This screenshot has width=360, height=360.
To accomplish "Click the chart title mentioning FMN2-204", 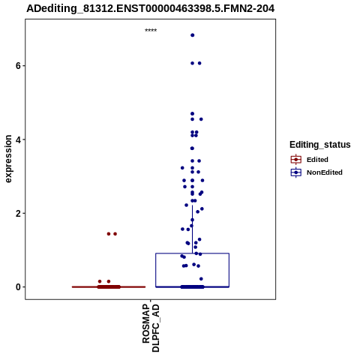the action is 151,8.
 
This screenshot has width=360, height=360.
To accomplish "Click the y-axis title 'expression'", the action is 8,159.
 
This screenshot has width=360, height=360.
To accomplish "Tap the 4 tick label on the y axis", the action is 18,139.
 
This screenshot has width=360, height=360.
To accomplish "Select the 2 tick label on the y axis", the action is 18,214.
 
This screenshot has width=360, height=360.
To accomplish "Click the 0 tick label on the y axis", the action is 18,287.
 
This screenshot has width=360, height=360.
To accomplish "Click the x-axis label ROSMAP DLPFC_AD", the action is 151,328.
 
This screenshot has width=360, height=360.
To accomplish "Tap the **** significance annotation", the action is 151,30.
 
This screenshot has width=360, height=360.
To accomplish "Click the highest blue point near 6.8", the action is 193,35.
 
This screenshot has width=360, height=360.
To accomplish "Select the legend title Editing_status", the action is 320,145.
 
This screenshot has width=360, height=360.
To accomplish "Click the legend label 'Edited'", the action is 317,160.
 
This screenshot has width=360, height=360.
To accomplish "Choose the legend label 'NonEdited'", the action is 325,172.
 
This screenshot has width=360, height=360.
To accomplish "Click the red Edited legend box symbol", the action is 296,160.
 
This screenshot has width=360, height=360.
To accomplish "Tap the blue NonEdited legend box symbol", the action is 296,172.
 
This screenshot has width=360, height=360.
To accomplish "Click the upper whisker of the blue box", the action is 193,229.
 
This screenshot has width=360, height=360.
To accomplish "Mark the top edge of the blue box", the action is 193,253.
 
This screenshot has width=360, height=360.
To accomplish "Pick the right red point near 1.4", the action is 115,234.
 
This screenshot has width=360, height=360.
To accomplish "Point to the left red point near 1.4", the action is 109,234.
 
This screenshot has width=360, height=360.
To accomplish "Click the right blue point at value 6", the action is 199,63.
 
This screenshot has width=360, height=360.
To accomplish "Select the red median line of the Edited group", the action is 109,287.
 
